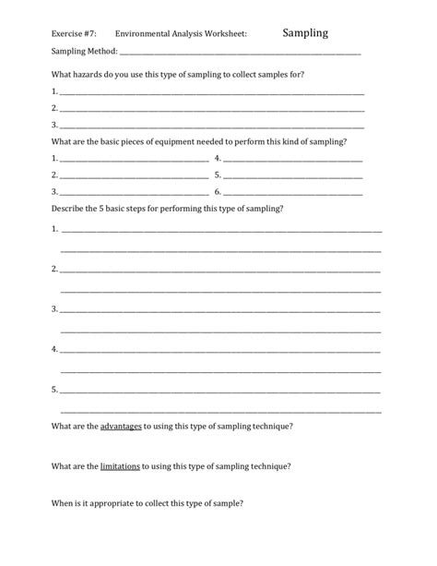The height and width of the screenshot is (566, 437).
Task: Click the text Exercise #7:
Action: click(74, 35)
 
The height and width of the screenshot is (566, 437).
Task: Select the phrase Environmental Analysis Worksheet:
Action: click(182, 35)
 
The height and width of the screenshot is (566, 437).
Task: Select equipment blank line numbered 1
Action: click(134, 159)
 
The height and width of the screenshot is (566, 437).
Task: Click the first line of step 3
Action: click(221, 309)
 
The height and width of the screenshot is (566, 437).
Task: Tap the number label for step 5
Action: click(54, 390)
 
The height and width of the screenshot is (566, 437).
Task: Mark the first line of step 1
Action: click(221, 230)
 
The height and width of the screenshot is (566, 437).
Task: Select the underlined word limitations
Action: click(121, 466)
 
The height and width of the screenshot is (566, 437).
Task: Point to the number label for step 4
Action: click(54, 350)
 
